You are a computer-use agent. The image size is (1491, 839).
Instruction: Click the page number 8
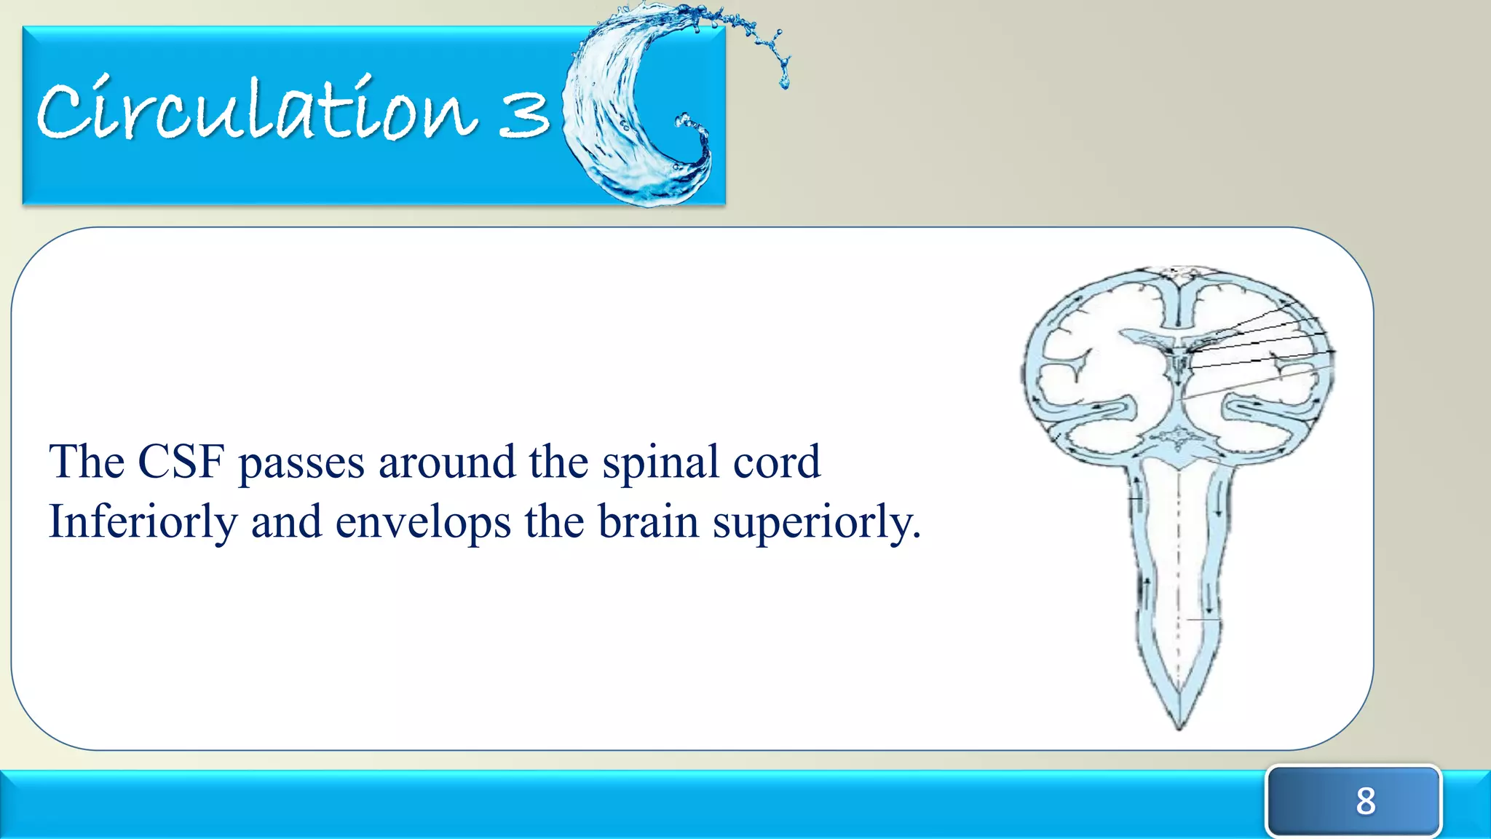click(1365, 801)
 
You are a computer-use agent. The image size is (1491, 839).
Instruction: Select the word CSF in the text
click(181, 462)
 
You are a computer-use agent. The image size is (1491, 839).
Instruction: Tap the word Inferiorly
click(143, 522)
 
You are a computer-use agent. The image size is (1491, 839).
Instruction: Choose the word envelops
click(423, 523)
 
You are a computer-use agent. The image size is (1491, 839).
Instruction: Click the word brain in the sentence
click(648, 521)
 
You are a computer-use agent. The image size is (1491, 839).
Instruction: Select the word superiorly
click(816, 523)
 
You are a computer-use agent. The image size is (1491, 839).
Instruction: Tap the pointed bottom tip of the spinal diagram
click(1179, 725)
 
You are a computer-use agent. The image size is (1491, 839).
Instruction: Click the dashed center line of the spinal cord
click(1179, 568)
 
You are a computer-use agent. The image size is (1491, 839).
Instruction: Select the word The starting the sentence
click(86, 462)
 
